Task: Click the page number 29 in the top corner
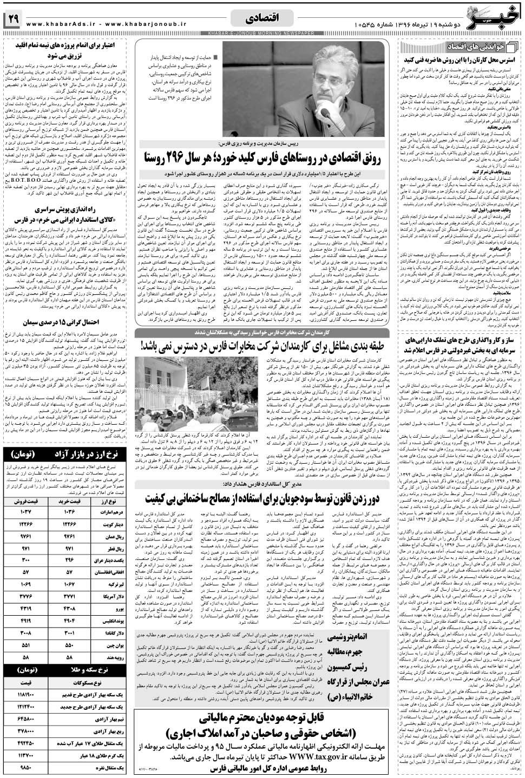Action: click(x=12, y=19)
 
